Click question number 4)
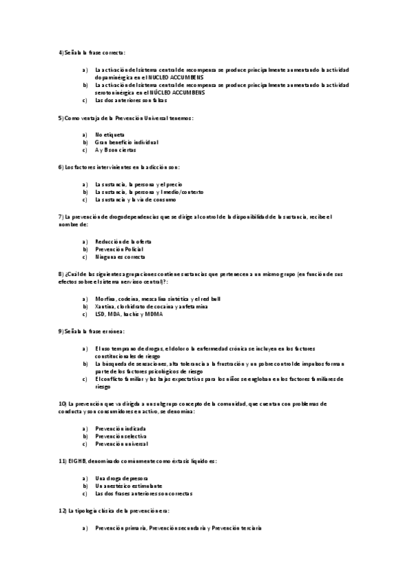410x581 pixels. pos(62,53)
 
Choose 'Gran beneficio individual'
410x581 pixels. pos(127,142)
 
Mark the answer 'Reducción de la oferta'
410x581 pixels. pos(123,242)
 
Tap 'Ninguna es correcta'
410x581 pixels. pos(120,257)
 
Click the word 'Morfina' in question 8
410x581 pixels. pos(105,299)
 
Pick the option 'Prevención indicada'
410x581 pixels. pos(120,428)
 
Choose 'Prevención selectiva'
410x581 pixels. pos(120,436)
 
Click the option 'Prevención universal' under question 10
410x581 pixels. pos(121,443)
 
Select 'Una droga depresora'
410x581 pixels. pos(120,478)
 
